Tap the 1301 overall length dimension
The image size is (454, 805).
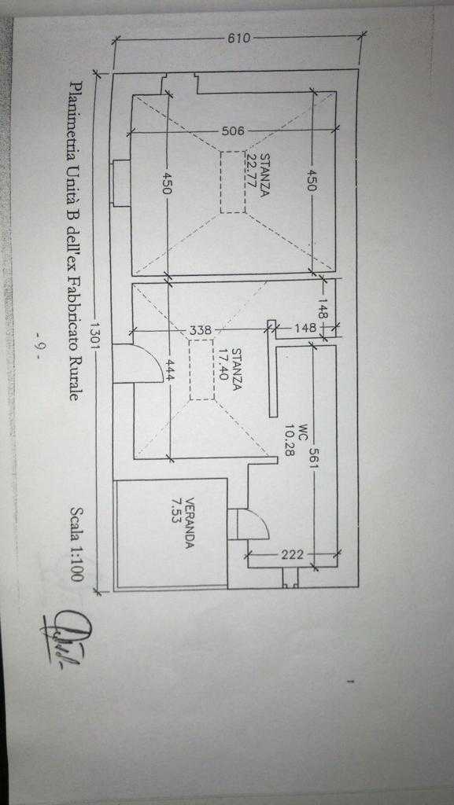point(95,335)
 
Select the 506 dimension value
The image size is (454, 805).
point(233,131)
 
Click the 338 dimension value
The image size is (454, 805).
point(201,330)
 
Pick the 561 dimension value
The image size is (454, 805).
point(313,457)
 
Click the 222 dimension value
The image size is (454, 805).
point(292,554)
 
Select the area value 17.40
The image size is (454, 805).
point(223,364)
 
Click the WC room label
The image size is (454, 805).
point(302,430)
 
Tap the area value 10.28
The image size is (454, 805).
point(290,440)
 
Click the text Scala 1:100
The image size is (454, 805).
point(76,544)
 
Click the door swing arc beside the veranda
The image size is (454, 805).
point(262,519)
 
